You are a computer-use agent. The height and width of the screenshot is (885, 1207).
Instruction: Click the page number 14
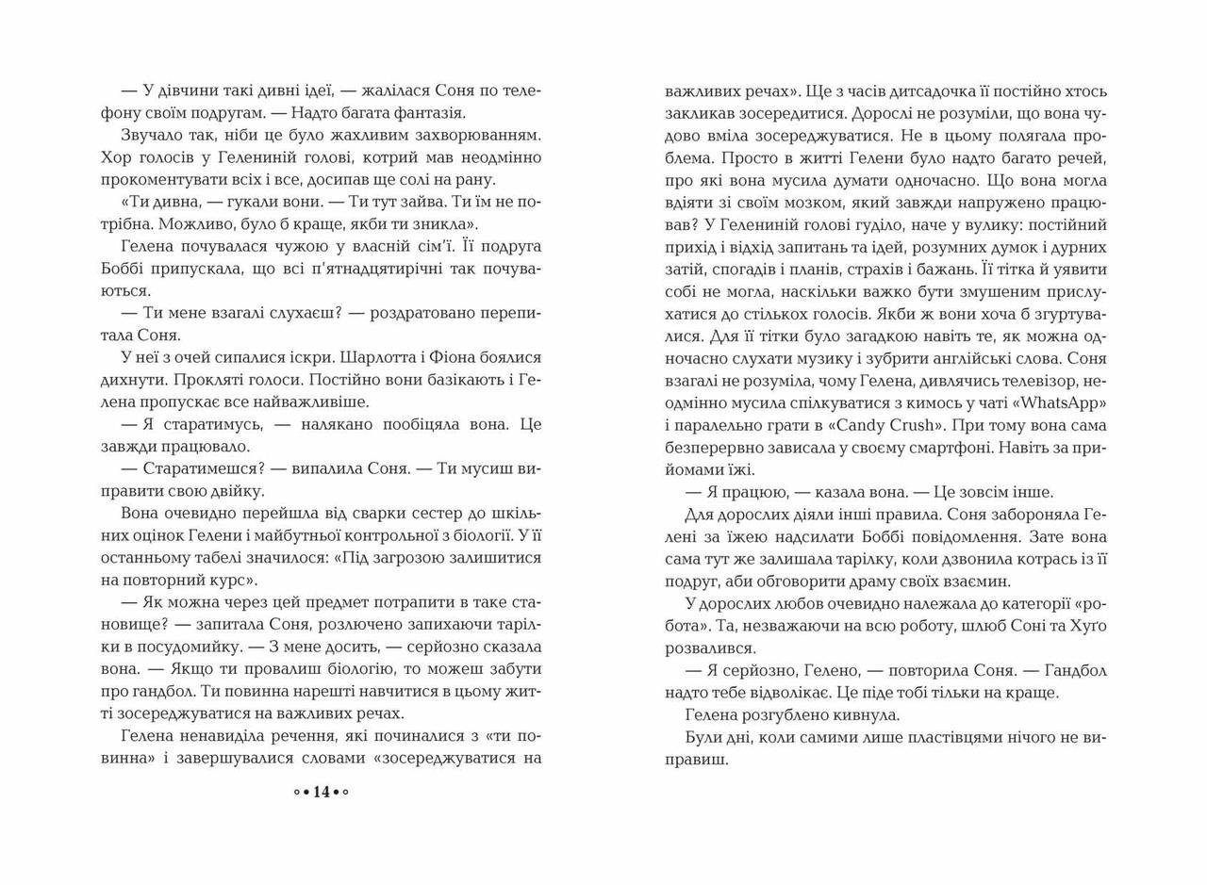point(321,792)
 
